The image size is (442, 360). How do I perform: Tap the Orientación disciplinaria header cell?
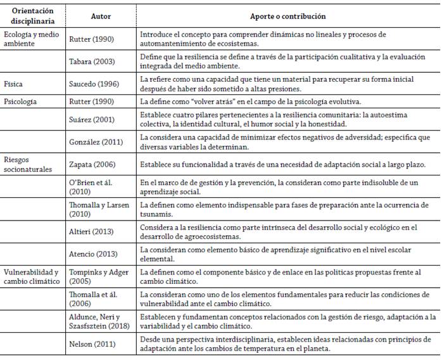[32, 16]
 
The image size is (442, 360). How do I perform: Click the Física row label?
[15, 83]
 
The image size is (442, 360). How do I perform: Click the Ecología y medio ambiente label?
[32, 39]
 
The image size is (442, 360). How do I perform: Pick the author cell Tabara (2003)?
[94, 61]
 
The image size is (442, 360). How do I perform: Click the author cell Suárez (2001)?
[93, 119]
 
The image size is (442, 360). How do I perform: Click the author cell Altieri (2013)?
[93, 231]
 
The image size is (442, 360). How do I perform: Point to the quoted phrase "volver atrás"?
[210, 101]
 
